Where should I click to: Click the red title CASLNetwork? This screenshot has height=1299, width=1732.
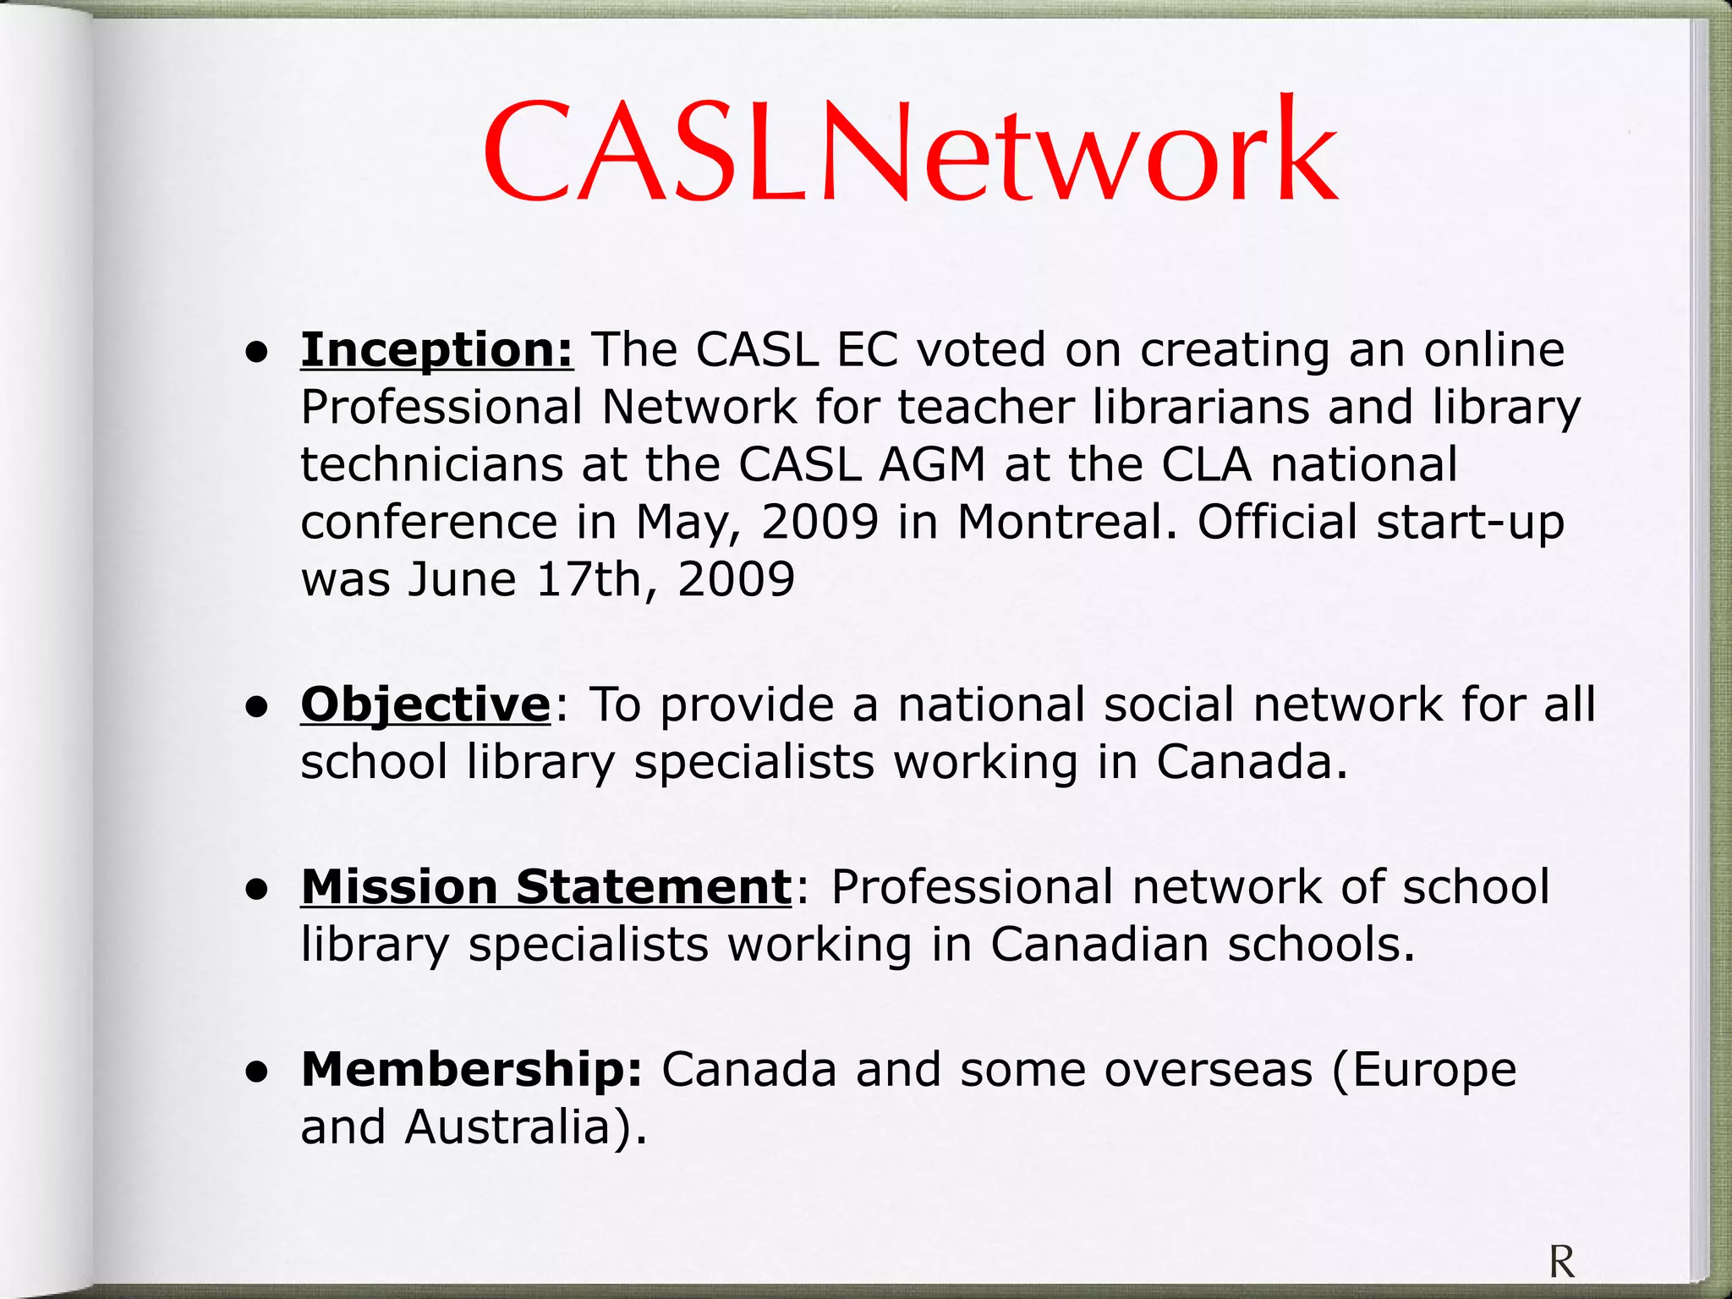tap(910, 152)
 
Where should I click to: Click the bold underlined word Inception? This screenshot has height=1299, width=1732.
tap(436, 350)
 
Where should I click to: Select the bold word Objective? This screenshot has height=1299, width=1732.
tap(425, 704)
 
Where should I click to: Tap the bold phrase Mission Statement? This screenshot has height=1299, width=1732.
tap(546, 887)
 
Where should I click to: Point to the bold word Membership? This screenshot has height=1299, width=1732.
tap(472, 1070)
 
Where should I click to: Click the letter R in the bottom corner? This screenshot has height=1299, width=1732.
tap(1562, 1263)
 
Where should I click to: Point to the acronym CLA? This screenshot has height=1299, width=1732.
tap(1206, 464)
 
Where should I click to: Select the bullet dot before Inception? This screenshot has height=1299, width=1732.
tap(257, 352)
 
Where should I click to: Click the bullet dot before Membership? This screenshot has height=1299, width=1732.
tap(257, 1072)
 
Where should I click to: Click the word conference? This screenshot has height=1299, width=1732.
tap(429, 522)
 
